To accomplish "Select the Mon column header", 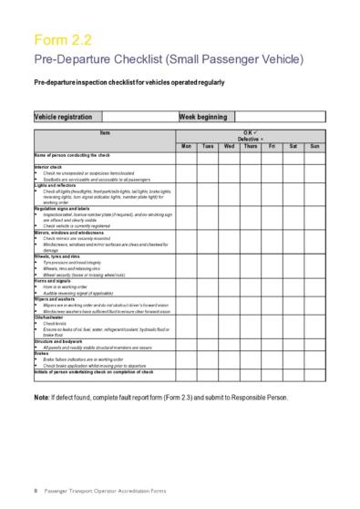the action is pyautogui.click(x=186, y=146).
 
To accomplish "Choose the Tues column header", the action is pyautogui.click(x=208, y=146).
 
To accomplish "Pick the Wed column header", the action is pyautogui.click(x=230, y=146).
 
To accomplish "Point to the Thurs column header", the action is pyautogui.click(x=251, y=146).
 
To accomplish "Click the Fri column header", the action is pyautogui.click(x=273, y=146).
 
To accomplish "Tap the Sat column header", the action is pyautogui.click(x=293, y=146).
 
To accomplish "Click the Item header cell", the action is pyautogui.click(x=104, y=134).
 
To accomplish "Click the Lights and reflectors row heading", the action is pyautogui.click(x=55, y=184).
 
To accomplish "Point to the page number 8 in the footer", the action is pyautogui.click(x=35, y=492).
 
